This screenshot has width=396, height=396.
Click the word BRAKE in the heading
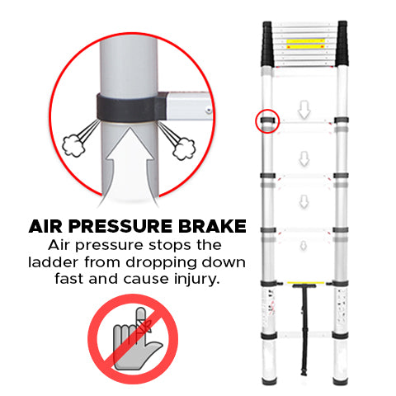pos(212,226)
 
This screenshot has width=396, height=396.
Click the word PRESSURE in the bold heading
pos(120,226)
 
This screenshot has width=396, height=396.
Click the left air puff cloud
pos(73,145)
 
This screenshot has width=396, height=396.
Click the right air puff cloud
pos(184,148)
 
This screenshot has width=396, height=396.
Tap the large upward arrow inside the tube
pos(130,165)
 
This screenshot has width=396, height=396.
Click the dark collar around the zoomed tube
pos(131,108)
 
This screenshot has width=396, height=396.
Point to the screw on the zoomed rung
pos(209,111)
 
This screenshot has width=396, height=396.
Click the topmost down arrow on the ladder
pos(304,110)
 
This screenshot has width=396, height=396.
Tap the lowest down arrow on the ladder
pos(304,246)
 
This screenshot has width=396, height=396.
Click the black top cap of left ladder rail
pos(267,44)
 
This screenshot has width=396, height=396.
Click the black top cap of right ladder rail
pos(342,44)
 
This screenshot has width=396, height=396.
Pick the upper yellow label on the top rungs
pos(305,40)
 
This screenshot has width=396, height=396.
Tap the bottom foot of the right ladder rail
pos(340,381)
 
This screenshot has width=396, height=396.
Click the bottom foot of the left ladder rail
pos(269,381)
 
